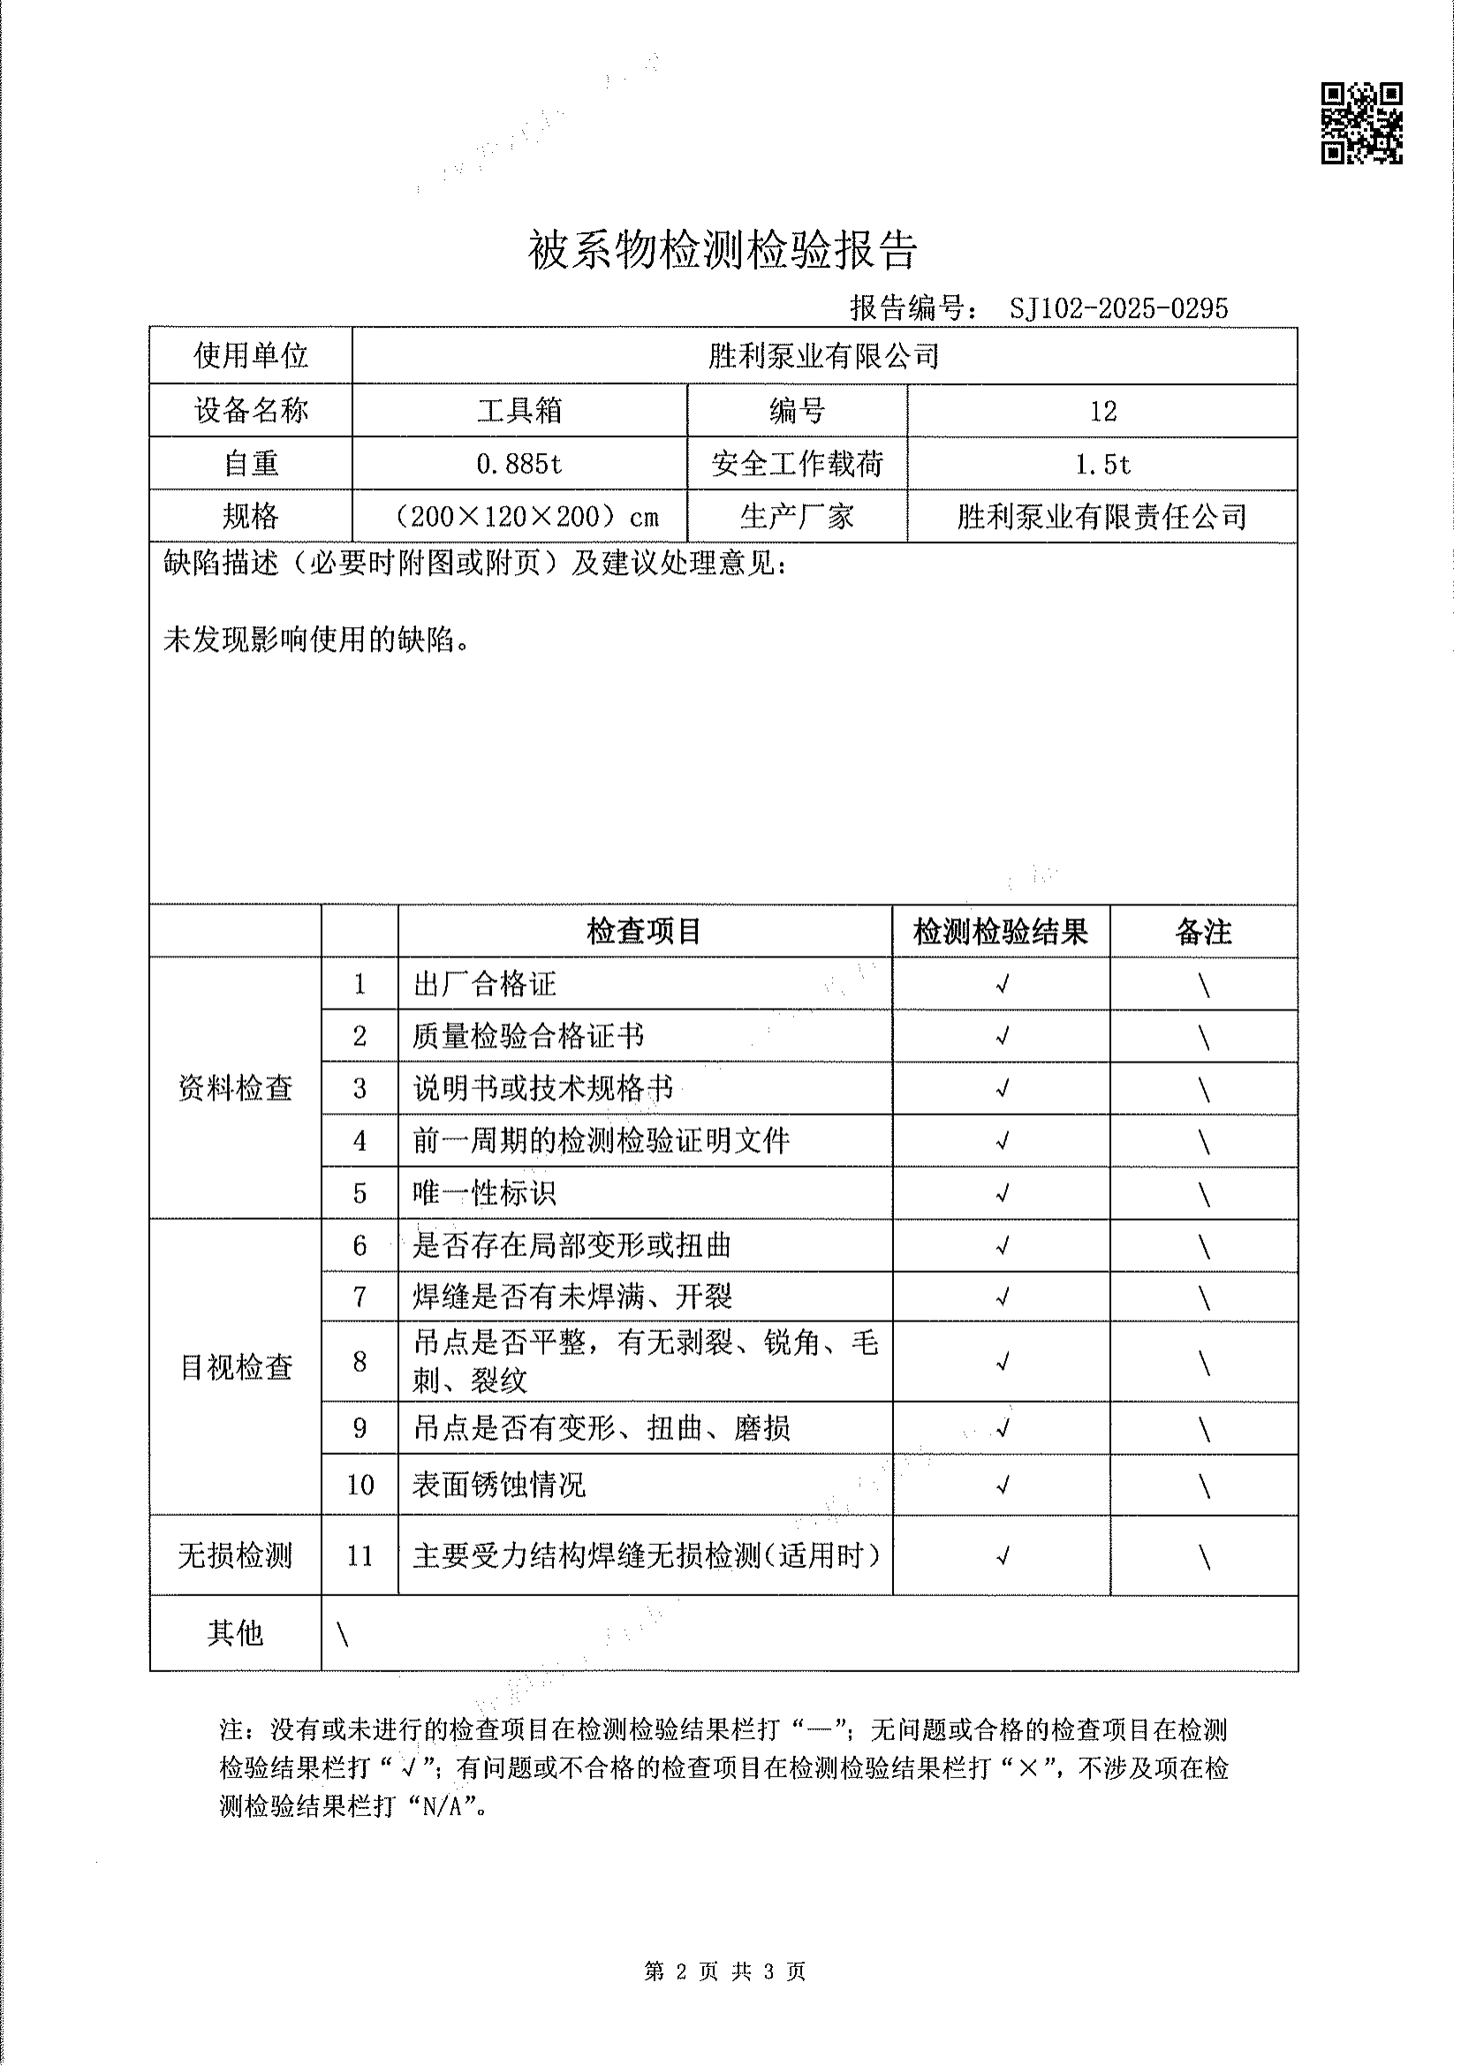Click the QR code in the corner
pos(1361,124)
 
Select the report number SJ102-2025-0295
pos(1118,308)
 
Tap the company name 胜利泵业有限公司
pos(823,356)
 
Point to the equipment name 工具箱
pos(519,412)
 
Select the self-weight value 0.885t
pos(519,465)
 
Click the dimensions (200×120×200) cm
pos(526,518)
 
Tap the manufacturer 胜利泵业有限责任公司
pos(1102,518)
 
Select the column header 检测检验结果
pos(1001,931)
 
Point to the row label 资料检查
pos(236,1089)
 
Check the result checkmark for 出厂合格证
pos(1002,984)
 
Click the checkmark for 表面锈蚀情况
pos(1002,1485)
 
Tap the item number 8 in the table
pos(360,1361)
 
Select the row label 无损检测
pos(236,1555)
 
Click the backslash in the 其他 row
pos(343,1635)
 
